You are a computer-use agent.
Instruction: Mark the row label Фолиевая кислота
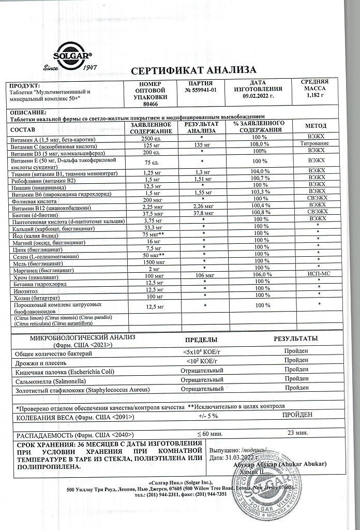coord(33,199)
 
